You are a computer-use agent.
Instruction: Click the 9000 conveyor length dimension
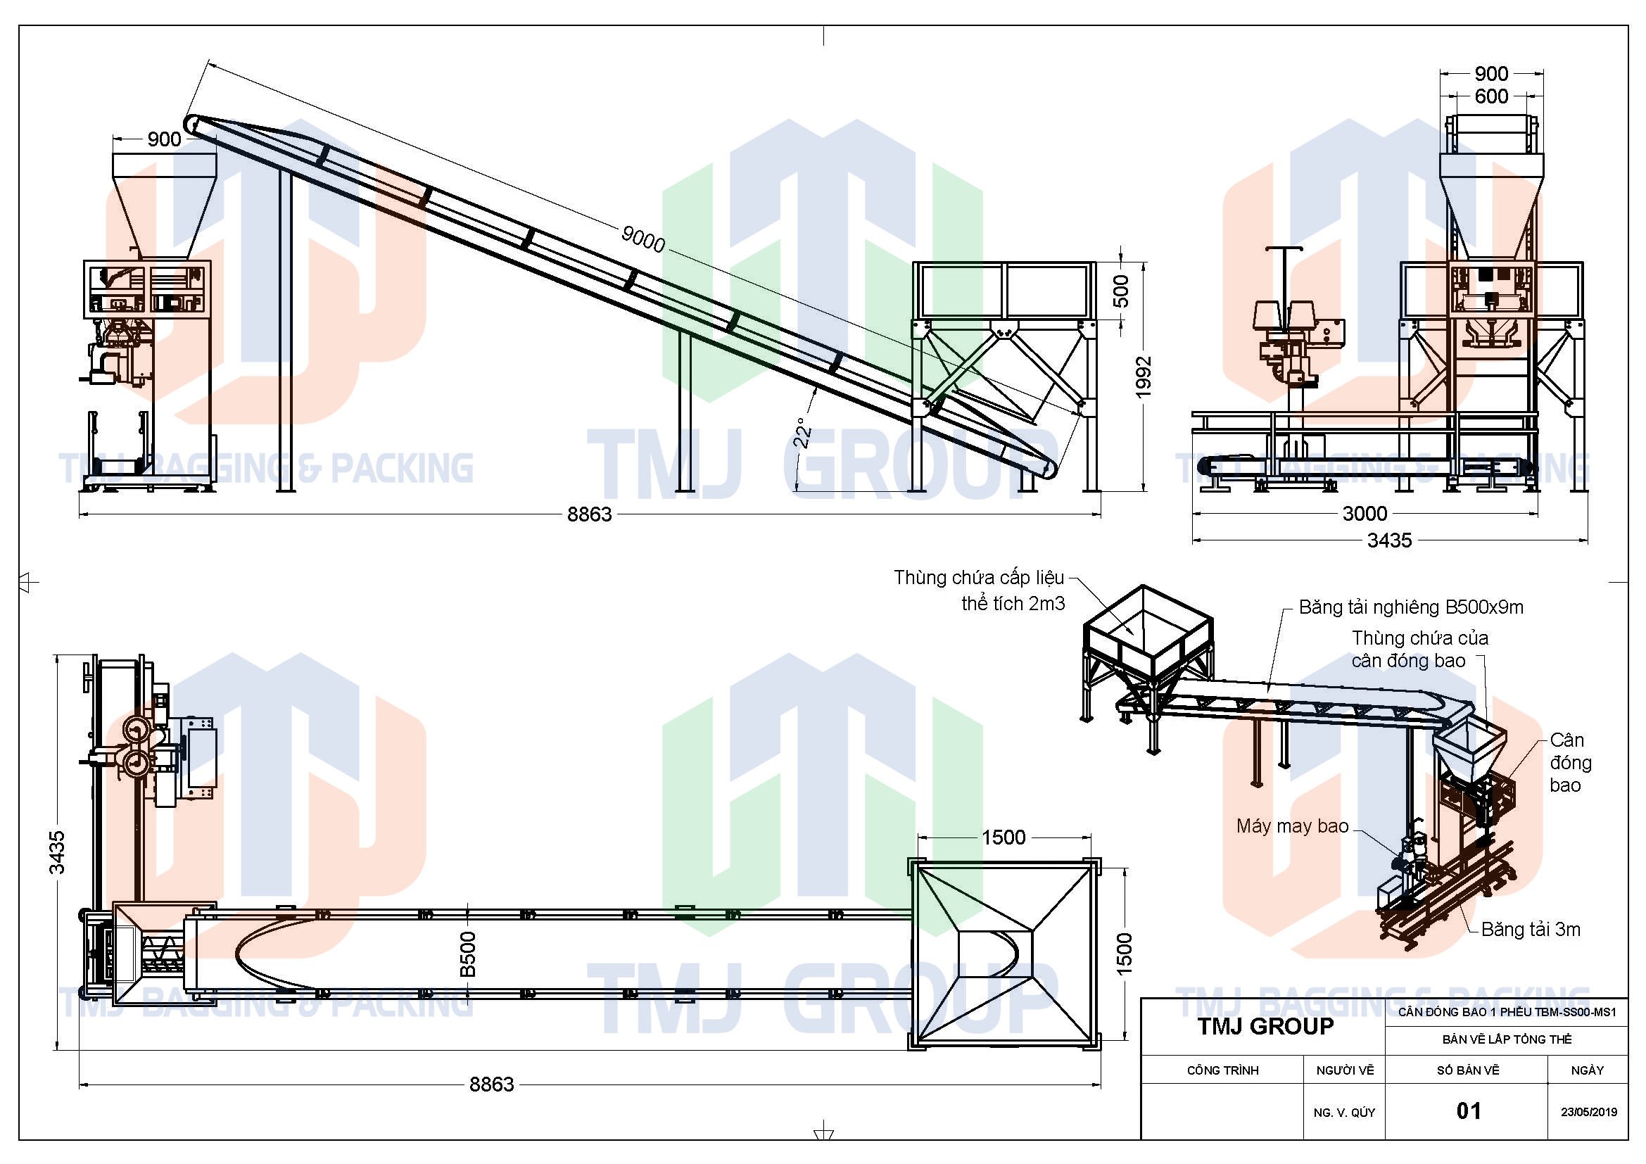point(643,239)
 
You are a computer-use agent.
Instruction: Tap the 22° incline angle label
point(804,433)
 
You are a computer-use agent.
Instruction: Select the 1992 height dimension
point(1144,377)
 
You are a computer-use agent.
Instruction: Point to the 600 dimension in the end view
point(1491,96)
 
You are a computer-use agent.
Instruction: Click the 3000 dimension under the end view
point(1365,513)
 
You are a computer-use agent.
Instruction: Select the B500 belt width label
point(467,954)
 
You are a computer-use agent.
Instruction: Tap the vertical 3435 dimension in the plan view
point(57,852)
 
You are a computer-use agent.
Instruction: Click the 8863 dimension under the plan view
point(492,1084)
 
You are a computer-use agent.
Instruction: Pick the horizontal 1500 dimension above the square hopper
point(1003,837)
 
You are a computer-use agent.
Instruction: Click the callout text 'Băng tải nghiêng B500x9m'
point(1411,608)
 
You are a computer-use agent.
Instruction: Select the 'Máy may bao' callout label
point(1293,826)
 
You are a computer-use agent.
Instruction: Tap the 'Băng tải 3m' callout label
point(1531,930)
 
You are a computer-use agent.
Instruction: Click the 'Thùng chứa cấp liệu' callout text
point(979,578)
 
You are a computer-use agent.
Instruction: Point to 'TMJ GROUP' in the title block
point(1265,1026)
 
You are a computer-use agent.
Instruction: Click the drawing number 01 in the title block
point(1468,1111)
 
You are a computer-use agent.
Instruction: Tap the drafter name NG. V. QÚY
point(1344,1113)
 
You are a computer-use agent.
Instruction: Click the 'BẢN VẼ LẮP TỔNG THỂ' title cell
point(1507,1039)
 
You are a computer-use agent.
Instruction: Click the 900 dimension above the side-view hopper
point(164,139)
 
